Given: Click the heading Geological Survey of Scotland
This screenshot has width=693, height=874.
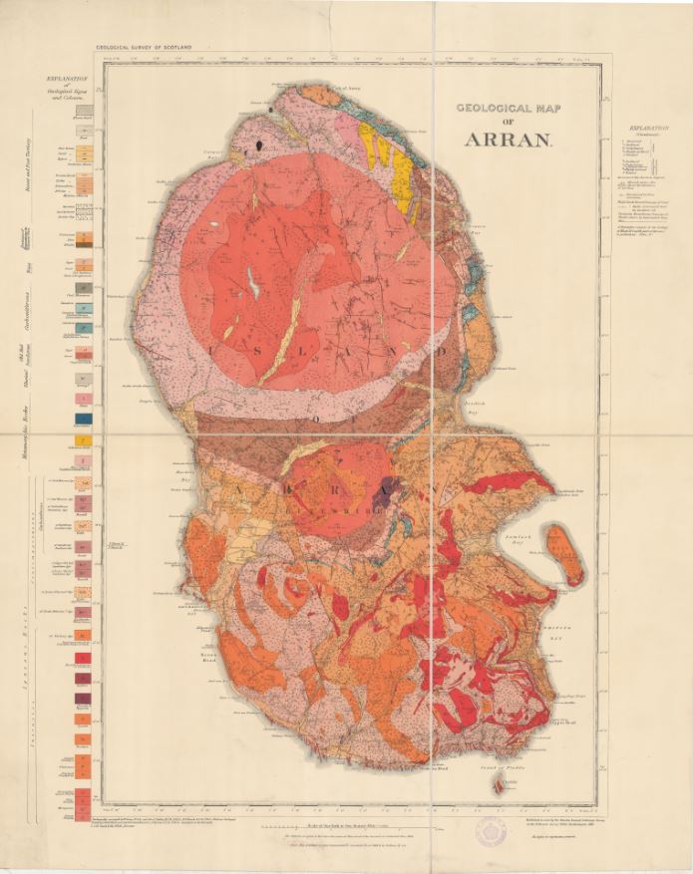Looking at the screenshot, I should tap(144, 46).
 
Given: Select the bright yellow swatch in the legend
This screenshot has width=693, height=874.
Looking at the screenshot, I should tap(86, 439).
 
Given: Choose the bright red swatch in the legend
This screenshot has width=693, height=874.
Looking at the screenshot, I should tap(86, 661).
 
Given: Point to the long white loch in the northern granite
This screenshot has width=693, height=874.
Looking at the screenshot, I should tap(255, 287).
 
